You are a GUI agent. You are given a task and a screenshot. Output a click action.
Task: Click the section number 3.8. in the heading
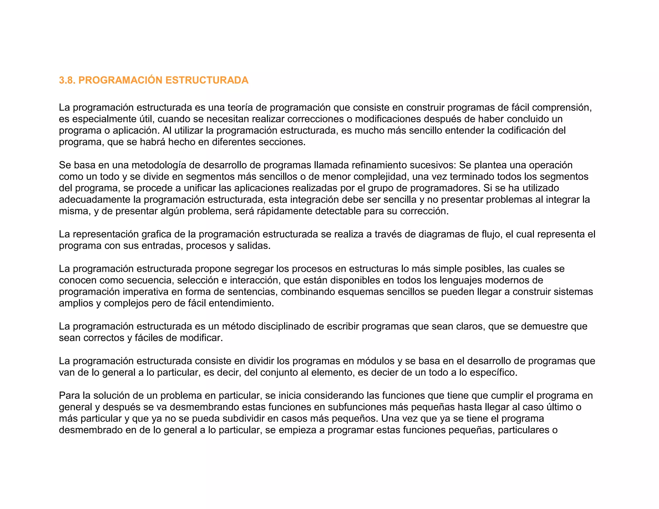tap(67, 80)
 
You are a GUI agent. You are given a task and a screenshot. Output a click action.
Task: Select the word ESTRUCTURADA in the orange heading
tap(207, 80)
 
